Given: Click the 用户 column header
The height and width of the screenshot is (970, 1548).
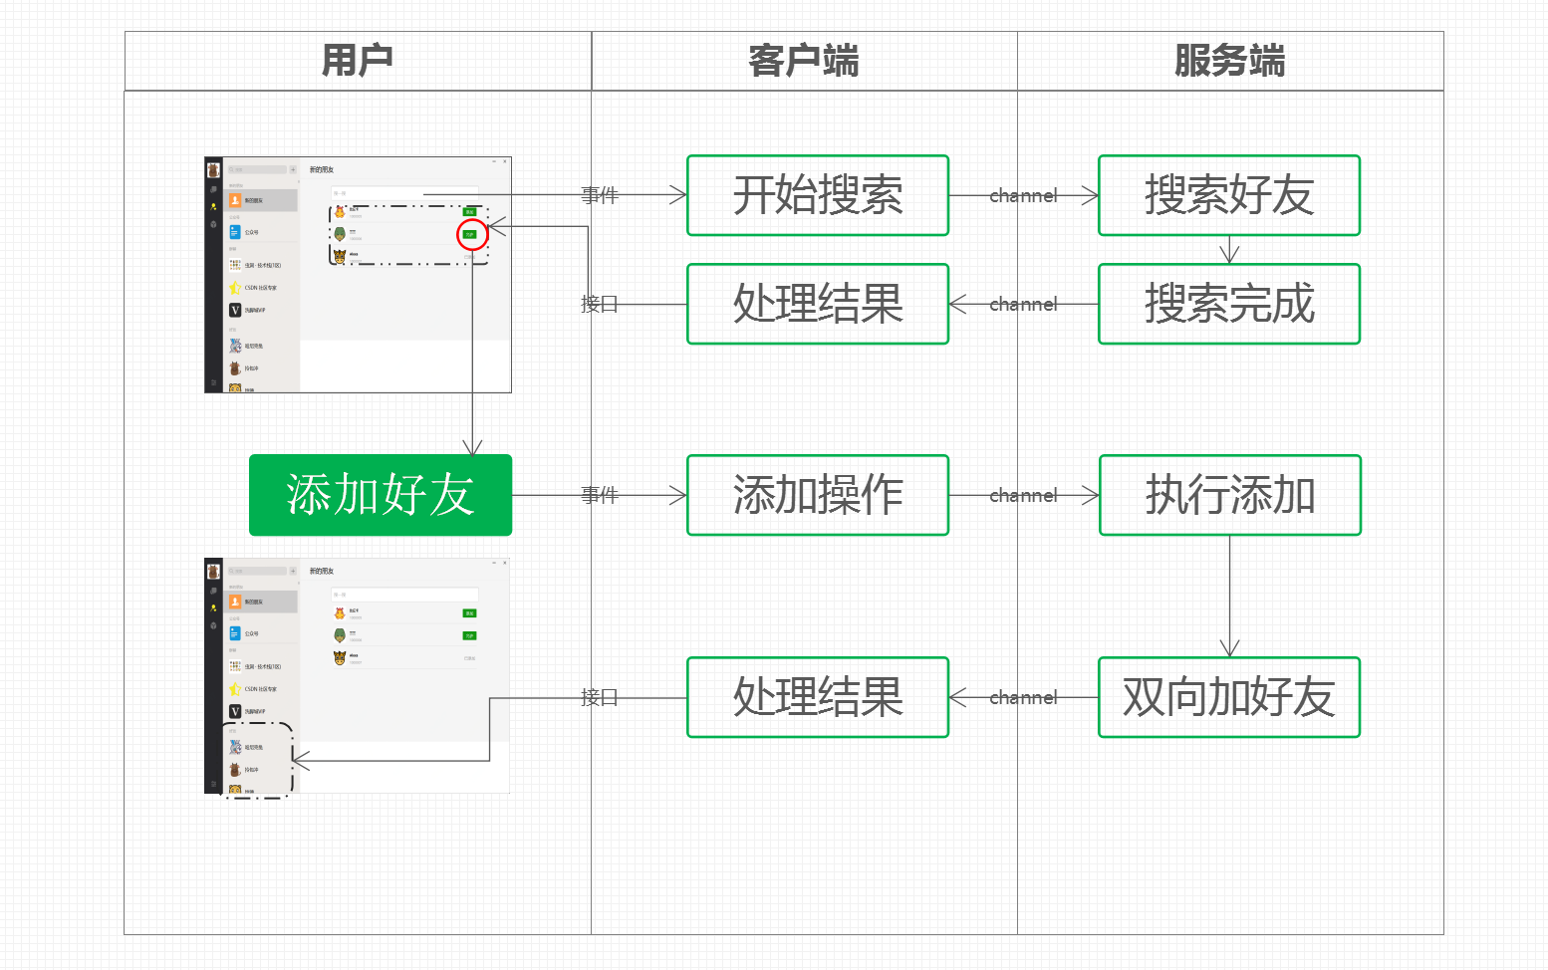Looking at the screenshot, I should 358,61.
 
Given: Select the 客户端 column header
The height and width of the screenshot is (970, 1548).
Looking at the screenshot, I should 804,61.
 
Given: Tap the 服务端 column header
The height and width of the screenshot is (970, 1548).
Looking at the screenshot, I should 1230,61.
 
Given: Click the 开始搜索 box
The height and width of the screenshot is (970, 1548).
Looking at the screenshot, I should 818,195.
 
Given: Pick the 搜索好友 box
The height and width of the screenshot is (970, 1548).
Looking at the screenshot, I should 1229,195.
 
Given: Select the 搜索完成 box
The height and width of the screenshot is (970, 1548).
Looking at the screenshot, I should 1229,304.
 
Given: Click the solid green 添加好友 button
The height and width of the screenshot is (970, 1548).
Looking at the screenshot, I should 381,495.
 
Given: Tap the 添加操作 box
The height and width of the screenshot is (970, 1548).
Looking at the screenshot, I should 818,495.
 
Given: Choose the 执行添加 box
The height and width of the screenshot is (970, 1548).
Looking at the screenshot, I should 1230,495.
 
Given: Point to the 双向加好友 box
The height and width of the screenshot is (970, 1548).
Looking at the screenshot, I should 1229,697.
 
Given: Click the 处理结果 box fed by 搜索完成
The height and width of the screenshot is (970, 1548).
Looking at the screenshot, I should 818,304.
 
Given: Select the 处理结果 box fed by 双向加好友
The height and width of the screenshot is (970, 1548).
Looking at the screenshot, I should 818,697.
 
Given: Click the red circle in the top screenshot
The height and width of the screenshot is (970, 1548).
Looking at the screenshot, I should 472,235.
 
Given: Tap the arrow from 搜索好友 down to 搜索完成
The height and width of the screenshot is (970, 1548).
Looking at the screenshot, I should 1230,250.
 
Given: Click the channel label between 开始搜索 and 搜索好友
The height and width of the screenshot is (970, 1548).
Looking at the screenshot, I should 1023,196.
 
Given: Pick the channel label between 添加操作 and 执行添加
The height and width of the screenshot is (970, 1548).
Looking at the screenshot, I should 1023,496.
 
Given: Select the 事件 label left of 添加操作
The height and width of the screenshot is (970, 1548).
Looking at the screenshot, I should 600,495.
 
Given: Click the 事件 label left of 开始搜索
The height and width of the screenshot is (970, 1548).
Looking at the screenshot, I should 600,195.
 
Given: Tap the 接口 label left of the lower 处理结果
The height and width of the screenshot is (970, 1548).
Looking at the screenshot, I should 600,697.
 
